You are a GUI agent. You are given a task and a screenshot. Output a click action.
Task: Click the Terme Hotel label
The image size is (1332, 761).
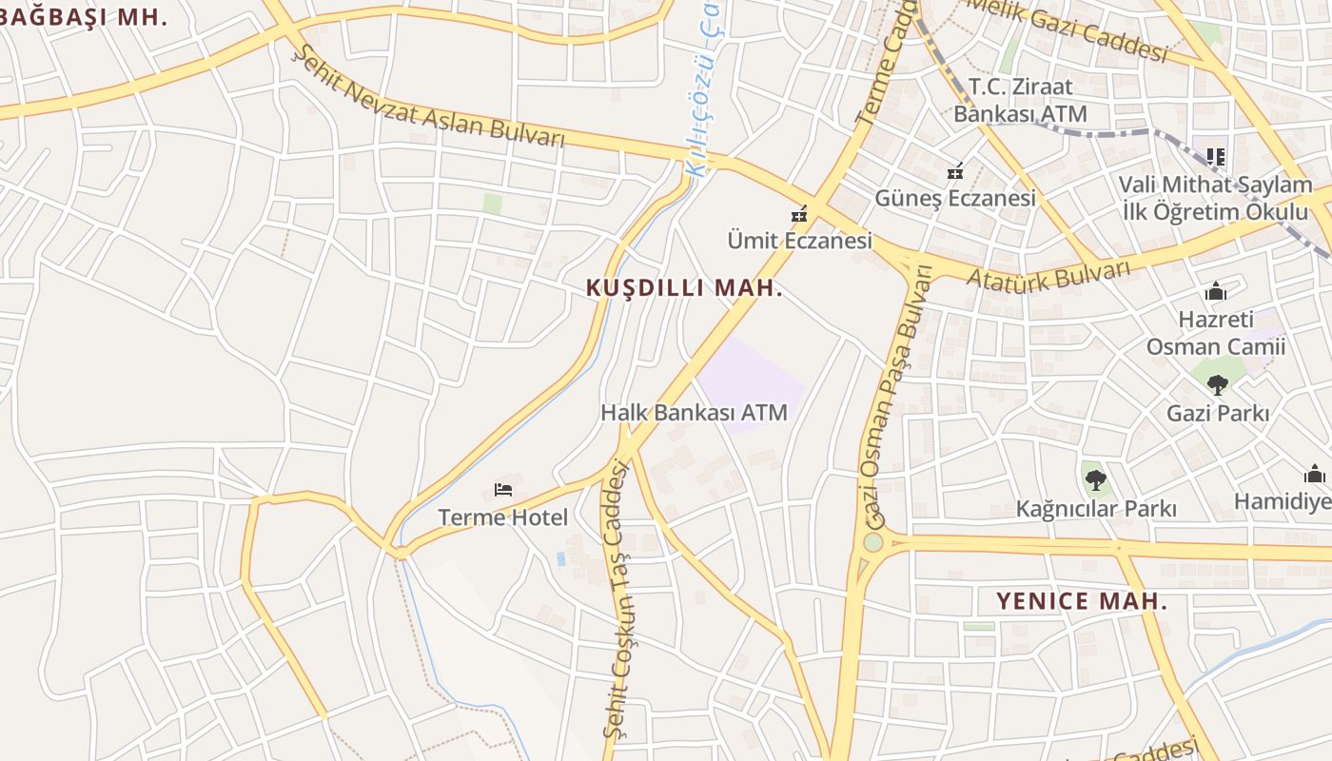pos(502,517)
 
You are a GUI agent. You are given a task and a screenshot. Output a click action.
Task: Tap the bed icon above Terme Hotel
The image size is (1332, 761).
pos(503,490)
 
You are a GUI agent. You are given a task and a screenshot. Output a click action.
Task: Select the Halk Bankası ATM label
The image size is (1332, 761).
pos(694,413)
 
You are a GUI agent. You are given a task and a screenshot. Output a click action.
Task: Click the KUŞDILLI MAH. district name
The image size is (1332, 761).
pos(684,287)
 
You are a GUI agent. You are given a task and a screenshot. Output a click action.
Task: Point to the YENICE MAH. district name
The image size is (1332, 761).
pos(1081,601)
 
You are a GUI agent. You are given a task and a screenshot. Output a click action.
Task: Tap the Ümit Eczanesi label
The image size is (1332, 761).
pos(799,240)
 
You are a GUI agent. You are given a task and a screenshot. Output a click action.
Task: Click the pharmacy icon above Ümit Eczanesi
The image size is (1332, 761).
pos(799,214)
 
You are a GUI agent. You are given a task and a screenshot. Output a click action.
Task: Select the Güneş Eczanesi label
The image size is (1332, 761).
pos(955,198)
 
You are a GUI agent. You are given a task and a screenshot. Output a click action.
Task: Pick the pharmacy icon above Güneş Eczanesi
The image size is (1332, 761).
pos(955,171)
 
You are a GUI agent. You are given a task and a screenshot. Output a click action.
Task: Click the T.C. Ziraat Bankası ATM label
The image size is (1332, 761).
pos(1020,100)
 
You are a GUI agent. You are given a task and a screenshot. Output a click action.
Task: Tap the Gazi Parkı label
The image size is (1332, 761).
pos(1218,414)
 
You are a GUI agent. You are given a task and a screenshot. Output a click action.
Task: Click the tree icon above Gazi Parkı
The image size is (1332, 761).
pos(1217,385)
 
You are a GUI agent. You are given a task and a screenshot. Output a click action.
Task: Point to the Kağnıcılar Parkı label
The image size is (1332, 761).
pos(1096,509)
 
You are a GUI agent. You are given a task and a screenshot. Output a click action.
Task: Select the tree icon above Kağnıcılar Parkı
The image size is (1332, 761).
pos(1095,479)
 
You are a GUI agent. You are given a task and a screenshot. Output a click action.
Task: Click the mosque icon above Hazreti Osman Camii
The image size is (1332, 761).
pos(1216,291)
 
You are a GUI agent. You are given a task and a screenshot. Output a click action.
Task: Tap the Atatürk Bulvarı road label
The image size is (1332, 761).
pos(1048,273)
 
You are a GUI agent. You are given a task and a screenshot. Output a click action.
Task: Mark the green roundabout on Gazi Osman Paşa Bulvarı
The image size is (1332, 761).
pos(872,543)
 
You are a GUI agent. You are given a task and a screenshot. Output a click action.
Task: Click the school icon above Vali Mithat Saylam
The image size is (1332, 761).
pos(1215,156)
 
